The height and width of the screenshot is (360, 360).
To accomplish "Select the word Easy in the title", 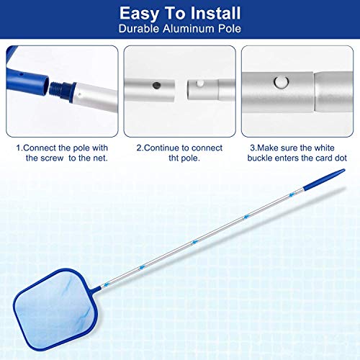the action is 139,14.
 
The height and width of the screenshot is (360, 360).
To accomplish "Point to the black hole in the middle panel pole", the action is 156,85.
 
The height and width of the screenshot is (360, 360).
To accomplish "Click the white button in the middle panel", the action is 200,84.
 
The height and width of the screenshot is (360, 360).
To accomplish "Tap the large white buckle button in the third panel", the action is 281,82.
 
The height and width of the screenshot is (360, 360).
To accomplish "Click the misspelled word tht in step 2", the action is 174,158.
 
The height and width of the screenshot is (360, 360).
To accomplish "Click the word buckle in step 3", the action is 260,158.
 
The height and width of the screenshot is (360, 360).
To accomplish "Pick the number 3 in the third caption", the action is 253,148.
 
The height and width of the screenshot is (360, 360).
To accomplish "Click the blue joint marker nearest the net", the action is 107,284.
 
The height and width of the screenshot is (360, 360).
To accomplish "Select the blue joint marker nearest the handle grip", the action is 292,195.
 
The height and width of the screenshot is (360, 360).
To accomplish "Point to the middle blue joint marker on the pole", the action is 195,242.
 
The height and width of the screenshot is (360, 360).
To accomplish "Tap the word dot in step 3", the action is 341,158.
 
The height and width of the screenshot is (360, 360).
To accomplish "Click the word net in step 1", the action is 102,158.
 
